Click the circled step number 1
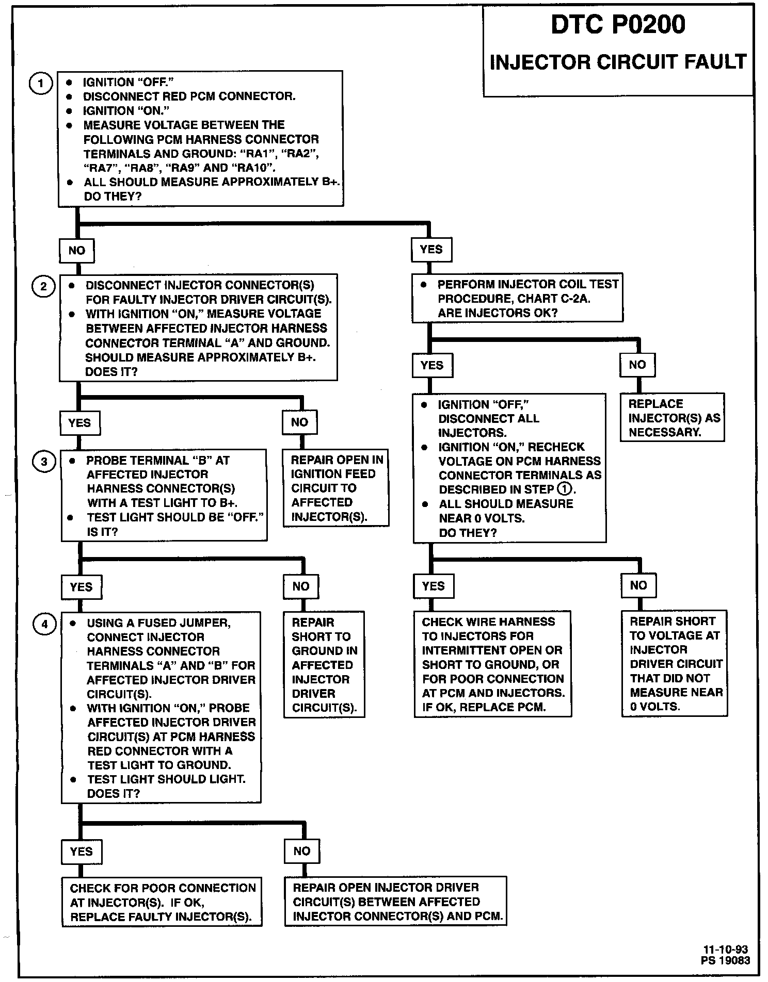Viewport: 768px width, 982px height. [x=40, y=84]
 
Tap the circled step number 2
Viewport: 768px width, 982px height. [x=43, y=286]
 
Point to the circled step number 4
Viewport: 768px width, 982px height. [x=45, y=625]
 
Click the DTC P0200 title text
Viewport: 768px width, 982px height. [x=618, y=25]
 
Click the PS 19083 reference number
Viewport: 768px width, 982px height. [x=725, y=960]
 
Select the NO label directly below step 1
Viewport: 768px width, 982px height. [x=77, y=251]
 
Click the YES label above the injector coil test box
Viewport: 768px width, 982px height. [x=431, y=250]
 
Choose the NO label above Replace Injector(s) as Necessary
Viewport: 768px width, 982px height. [x=637, y=365]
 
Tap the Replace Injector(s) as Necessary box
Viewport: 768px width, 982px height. [x=673, y=418]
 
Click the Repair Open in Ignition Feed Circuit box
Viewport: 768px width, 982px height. [x=336, y=488]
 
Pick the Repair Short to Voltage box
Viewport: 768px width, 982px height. [x=675, y=664]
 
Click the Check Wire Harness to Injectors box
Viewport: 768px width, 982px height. [x=493, y=664]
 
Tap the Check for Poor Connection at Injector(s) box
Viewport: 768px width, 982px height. [x=162, y=902]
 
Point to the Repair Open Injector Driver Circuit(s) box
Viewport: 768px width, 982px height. [x=396, y=902]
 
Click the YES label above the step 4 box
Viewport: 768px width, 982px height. [x=81, y=587]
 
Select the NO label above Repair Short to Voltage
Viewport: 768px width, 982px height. [x=638, y=585]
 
